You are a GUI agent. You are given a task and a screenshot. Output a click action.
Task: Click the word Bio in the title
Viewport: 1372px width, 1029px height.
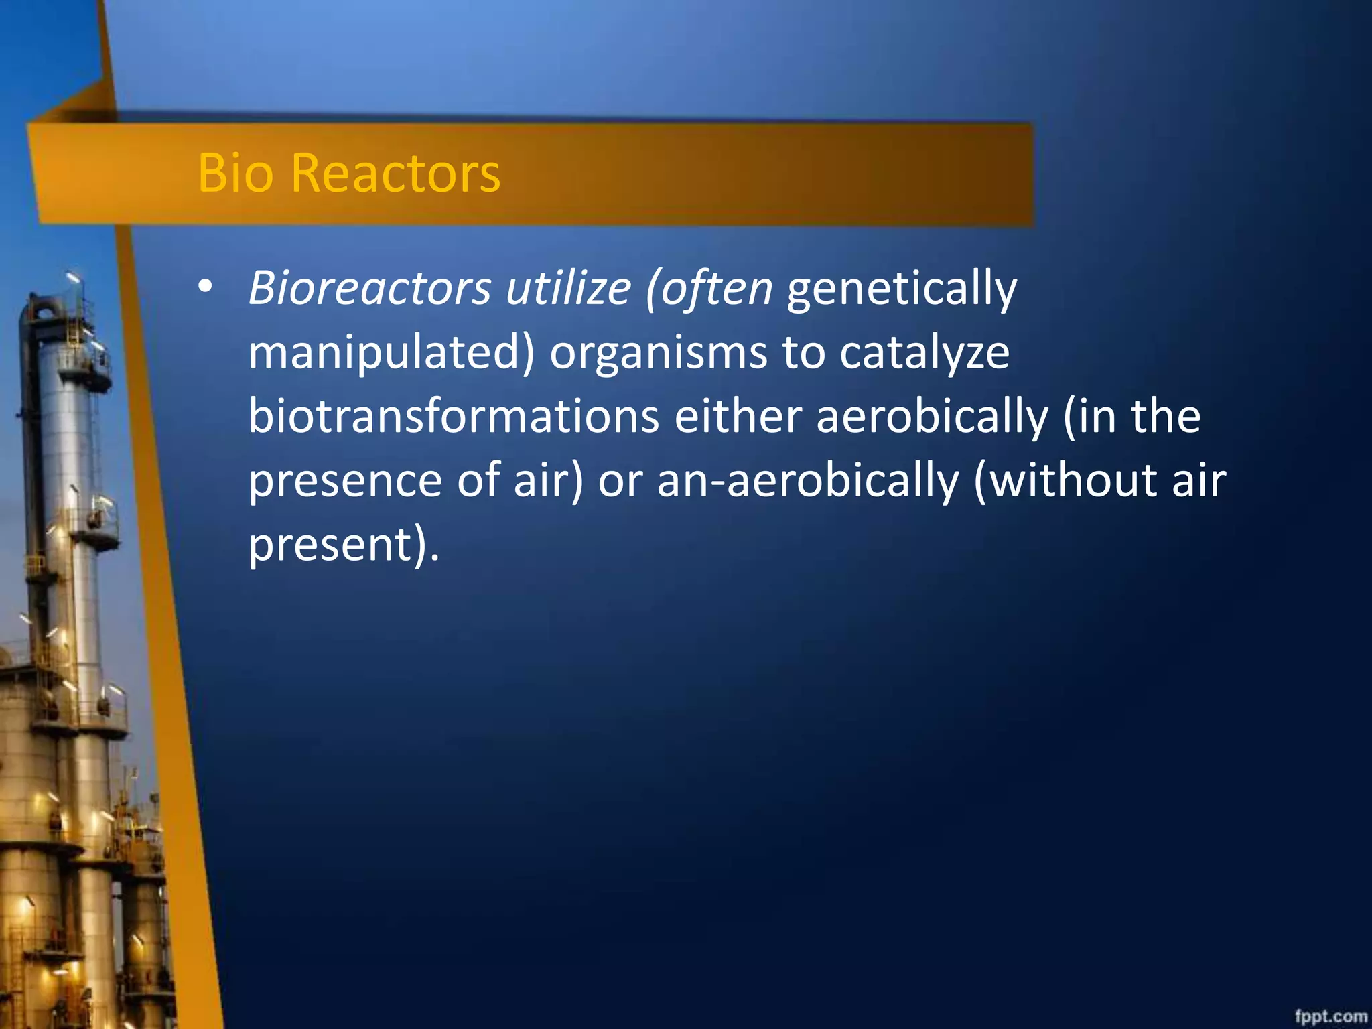[235, 173]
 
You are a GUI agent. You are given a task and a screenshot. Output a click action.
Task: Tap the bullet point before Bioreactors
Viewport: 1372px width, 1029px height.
[205, 287]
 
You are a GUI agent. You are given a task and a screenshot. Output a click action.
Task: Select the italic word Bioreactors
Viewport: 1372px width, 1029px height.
[370, 289]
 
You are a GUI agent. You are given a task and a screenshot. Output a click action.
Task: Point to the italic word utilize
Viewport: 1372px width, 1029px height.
[568, 289]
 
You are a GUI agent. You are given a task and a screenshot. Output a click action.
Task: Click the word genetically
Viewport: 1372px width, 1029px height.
[902, 290]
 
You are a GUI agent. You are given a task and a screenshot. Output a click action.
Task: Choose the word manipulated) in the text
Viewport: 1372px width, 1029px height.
[391, 353]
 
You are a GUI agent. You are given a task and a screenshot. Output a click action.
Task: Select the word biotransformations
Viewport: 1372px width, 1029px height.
[454, 417]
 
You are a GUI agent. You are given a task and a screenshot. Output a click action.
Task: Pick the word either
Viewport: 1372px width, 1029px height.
[738, 417]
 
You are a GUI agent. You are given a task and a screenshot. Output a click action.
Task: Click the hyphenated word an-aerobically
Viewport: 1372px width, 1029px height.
[808, 481]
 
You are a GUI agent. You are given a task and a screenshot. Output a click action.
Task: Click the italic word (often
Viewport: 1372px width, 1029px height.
[709, 289]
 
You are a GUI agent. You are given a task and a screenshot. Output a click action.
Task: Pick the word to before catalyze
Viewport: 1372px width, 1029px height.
[803, 353]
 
